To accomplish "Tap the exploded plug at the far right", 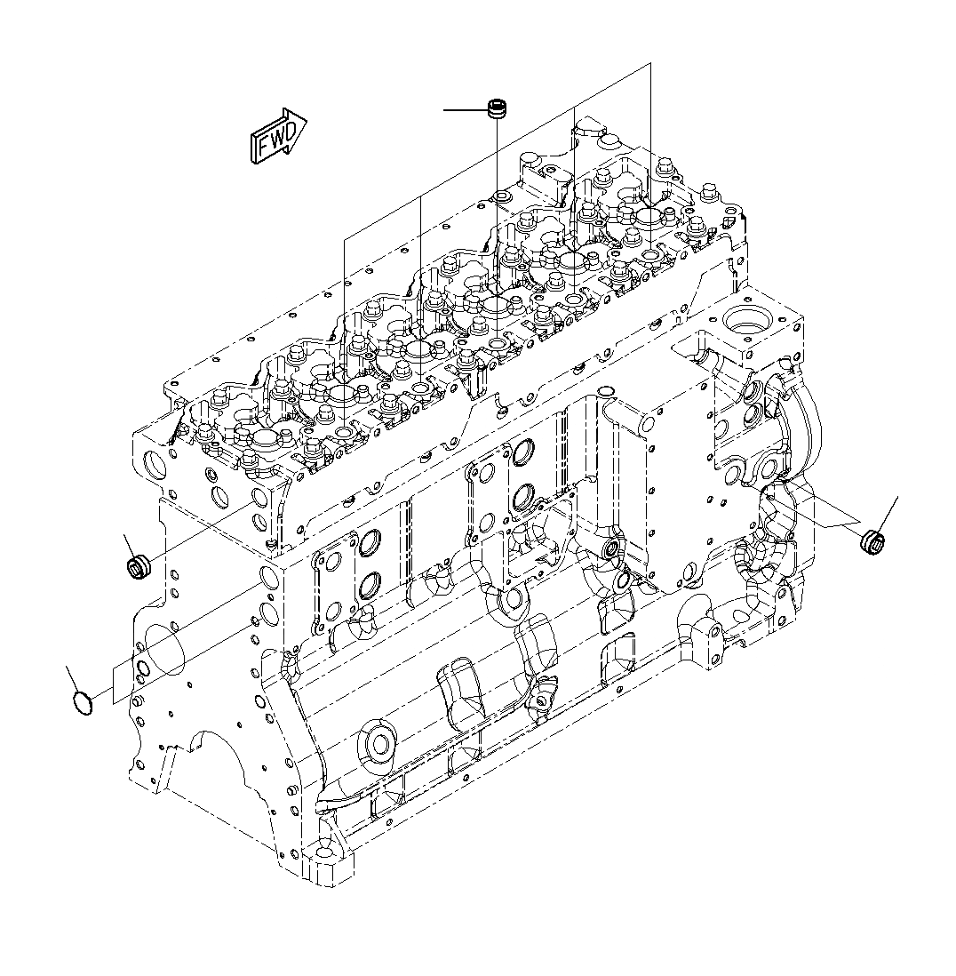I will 874,540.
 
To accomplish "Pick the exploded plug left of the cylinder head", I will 138,566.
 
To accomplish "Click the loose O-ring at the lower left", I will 83,702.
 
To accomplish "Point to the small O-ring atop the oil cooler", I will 606,392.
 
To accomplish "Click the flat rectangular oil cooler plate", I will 680,498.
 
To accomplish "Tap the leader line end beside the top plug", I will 446,110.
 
